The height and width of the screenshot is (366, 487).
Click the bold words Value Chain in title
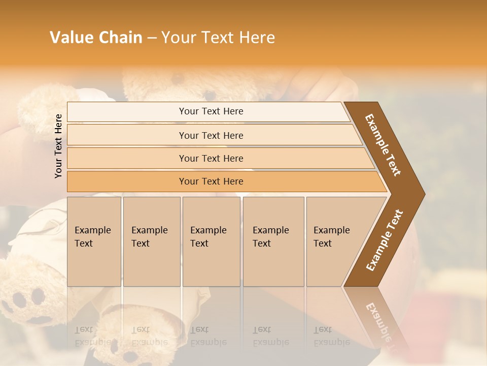[x=96, y=38]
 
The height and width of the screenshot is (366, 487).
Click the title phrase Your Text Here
[x=218, y=38]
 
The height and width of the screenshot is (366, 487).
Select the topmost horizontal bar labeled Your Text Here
[x=211, y=111]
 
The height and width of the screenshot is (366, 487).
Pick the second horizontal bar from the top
[x=211, y=135]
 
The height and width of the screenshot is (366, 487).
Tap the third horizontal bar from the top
[x=211, y=158]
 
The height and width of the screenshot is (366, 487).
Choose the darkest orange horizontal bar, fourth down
[x=211, y=181]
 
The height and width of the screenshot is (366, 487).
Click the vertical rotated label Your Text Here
[x=58, y=146]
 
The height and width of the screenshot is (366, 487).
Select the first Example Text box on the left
[x=94, y=241]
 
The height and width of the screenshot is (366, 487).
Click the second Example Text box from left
[x=151, y=241]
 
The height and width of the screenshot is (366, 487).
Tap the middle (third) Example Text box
[x=211, y=241]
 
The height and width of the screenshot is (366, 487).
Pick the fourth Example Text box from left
[x=273, y=241]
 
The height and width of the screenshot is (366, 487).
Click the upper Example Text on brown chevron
[x=383, y=145]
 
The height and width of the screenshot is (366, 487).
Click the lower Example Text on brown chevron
[x=385, y=240]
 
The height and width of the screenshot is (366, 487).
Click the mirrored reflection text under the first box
[x=93, y=337]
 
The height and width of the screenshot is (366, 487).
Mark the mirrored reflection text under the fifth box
[x=331, y=337]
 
